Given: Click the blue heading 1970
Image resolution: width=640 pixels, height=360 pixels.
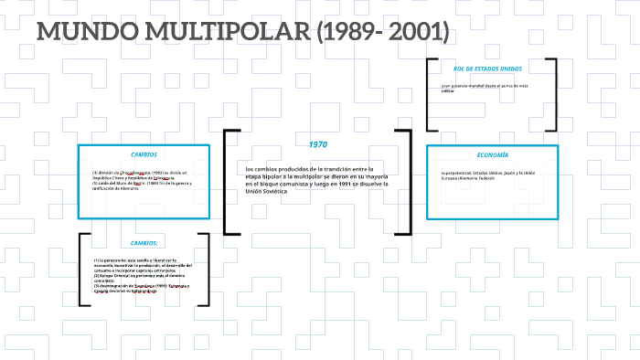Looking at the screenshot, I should [317, 144].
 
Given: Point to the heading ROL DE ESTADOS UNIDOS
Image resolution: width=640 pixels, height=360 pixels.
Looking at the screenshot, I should [487, 69].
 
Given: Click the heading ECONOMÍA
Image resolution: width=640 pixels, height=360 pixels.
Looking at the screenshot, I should [492, 154].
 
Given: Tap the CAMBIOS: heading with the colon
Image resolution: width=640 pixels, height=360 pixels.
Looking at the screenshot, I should [144, 243].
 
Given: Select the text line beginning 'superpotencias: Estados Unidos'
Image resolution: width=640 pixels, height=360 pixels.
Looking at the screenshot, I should [487, 172].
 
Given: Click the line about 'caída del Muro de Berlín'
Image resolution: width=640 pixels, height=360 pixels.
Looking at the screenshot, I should [144, 183].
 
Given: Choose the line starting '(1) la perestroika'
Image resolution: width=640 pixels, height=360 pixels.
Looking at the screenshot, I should [145, 260].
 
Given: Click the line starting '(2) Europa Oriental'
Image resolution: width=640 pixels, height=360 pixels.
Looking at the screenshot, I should [145, 275].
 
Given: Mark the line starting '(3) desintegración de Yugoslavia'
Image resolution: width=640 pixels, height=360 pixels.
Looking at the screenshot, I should [145, 285].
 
